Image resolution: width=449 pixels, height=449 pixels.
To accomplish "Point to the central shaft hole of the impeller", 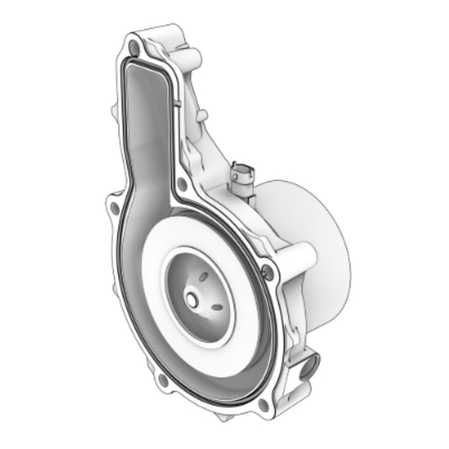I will pyautogui.click(x=192, y=298).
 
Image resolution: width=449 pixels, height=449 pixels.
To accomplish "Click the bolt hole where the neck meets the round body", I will pyautogui.click(x=182, y=182).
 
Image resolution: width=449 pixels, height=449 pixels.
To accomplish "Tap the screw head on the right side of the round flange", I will pyautogui.click(x=268, y=270).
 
